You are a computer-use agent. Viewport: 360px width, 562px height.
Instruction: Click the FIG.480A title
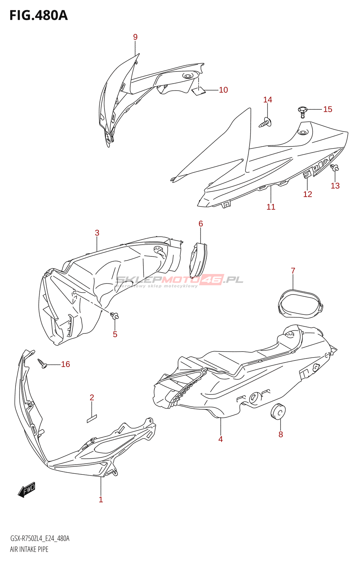[38, 15]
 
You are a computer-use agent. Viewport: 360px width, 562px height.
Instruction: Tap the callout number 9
[135, 37]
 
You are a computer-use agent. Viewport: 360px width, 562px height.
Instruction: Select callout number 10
[223, 90]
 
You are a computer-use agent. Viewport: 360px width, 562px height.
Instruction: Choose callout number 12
[307, 194]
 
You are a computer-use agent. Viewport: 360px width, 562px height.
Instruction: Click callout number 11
[271, 207]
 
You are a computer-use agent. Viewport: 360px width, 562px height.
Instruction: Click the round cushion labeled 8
[278, 412]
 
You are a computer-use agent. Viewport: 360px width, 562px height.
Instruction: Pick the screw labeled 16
[43, 364]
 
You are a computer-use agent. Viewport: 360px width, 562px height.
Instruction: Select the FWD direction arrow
[27, 490]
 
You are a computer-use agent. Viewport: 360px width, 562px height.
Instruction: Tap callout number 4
[220, 439]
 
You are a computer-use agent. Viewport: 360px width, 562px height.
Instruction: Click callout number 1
[101, 499]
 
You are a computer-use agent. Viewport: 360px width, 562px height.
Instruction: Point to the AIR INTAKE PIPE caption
[29, 549]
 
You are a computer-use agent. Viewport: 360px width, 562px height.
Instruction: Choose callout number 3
[97, 233]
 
